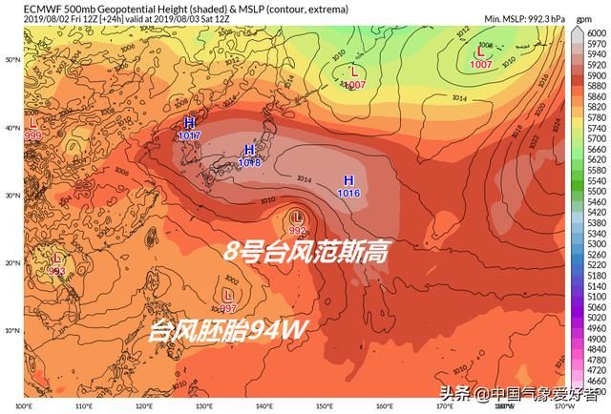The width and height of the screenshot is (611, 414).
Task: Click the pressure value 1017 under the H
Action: (x=189, y=137)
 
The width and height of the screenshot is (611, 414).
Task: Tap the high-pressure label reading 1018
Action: (x=249, y=163)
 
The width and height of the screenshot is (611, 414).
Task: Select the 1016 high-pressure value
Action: (x=348, y=193)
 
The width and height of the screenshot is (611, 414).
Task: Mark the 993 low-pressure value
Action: (x=56, y=272)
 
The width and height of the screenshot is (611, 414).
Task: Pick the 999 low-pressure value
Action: (x=33, y=136)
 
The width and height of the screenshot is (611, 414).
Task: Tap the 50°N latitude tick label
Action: (x=12, y=60)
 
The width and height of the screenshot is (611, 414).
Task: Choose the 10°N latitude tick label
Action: (x=12, y=330)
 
